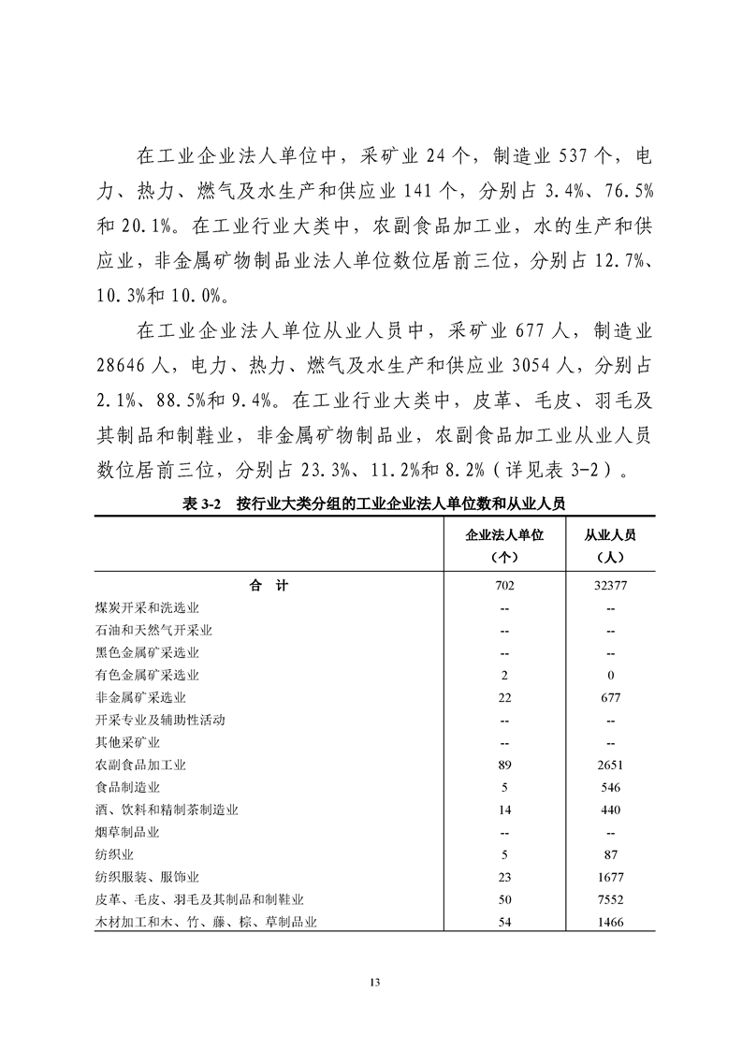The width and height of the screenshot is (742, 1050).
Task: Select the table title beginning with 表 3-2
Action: [371, 503]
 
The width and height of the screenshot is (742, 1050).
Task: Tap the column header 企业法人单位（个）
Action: [504, 545]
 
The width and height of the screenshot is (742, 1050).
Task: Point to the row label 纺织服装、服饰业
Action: [147, 878]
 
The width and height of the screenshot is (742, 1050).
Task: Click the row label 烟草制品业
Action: [127, 832]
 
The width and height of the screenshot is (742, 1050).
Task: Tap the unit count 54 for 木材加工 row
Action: [504, 923]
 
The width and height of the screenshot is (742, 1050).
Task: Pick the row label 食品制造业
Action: [127, 787]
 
